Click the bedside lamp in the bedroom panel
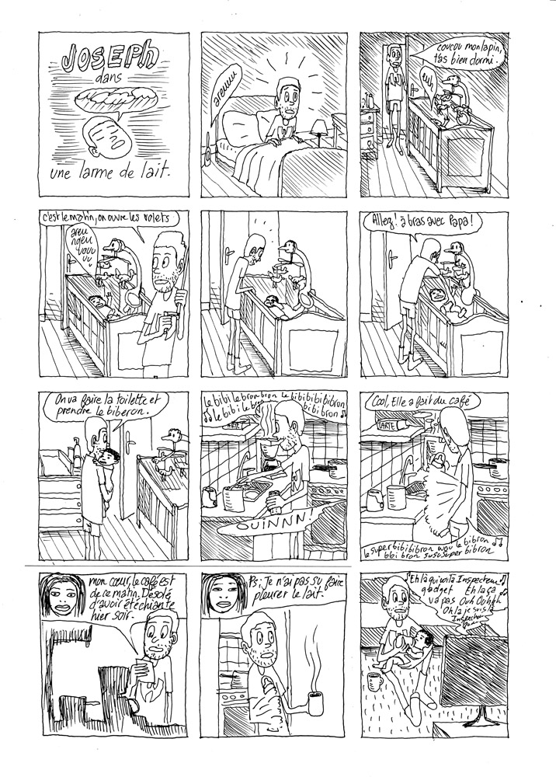tap(318, 129)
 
